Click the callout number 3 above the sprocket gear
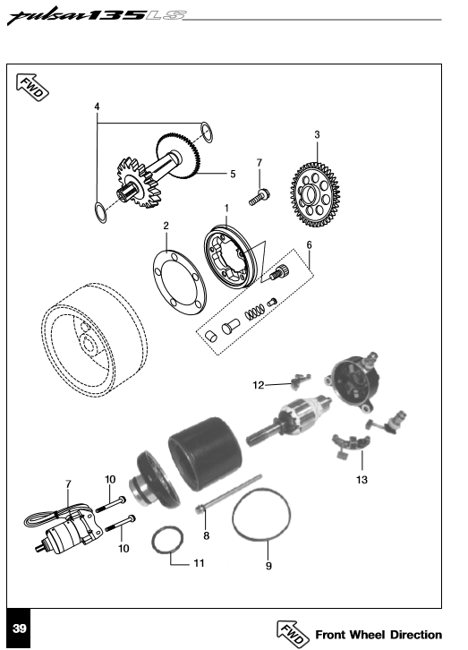pos(317,134)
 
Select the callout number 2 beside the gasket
pos(166,227)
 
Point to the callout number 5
pos(233,174)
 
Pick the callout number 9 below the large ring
pos(268,566)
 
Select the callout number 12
pos(258,385)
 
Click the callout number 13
pos(362,478)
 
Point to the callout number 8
pos(206,535)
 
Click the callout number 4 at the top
pos(97,107)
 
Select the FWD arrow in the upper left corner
pos(33,86)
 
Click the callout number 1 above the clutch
pos(226,208)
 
